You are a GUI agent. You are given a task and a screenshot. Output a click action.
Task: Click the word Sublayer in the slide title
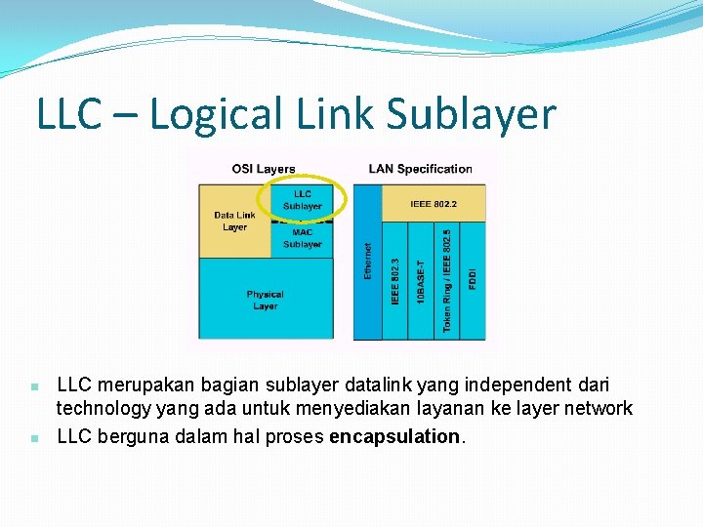click(x=471, y=115)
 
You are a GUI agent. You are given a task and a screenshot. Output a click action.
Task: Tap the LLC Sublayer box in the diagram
click(x=303, y=200)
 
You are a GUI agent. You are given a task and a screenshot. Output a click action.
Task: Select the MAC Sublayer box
click(x=303, y=238)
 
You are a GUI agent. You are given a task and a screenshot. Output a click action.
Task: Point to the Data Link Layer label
click(x=234, y=221)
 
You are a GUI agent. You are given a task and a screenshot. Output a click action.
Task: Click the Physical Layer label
click(x=265, y=300)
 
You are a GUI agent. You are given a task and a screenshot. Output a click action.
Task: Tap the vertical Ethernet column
click(x=367, y=262)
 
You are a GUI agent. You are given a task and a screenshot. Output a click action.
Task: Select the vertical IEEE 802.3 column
click(x=394, y=281)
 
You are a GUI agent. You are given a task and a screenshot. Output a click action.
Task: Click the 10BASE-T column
click(x=420, y=281)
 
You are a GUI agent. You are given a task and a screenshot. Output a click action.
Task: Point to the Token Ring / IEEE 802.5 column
click(x=446, y=281)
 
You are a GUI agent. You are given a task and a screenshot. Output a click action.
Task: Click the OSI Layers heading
click(x=264, y=169)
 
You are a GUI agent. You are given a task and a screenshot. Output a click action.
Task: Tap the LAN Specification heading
click(x=420, y=169)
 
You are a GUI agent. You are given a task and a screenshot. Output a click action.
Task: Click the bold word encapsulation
click(x=393, y=436)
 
